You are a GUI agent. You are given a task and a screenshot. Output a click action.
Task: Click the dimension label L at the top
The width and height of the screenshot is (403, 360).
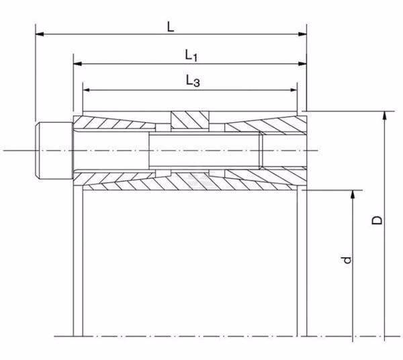tap(171, 27)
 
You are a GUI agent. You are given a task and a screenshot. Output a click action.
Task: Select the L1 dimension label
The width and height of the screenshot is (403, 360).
tap(191, 55)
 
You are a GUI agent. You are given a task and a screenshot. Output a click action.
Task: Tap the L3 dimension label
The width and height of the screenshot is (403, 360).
tap(193, 81)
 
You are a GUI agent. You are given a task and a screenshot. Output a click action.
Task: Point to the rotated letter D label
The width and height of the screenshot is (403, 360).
tap(377, 220)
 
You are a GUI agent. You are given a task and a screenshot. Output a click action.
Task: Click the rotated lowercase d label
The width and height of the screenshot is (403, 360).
tap(346, 260)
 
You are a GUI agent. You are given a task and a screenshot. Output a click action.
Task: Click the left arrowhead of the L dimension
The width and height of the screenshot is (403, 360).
tap(40, 34)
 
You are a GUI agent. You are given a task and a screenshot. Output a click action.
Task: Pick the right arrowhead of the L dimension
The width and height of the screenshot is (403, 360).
tap(302, 34)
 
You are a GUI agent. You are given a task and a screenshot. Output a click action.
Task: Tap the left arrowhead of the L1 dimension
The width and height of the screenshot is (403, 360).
tap(78, 63)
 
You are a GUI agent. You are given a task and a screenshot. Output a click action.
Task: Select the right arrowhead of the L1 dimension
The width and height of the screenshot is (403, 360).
tap(302, 63)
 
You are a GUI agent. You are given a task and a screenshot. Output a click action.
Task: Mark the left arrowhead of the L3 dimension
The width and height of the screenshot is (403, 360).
tap(87, 90)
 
